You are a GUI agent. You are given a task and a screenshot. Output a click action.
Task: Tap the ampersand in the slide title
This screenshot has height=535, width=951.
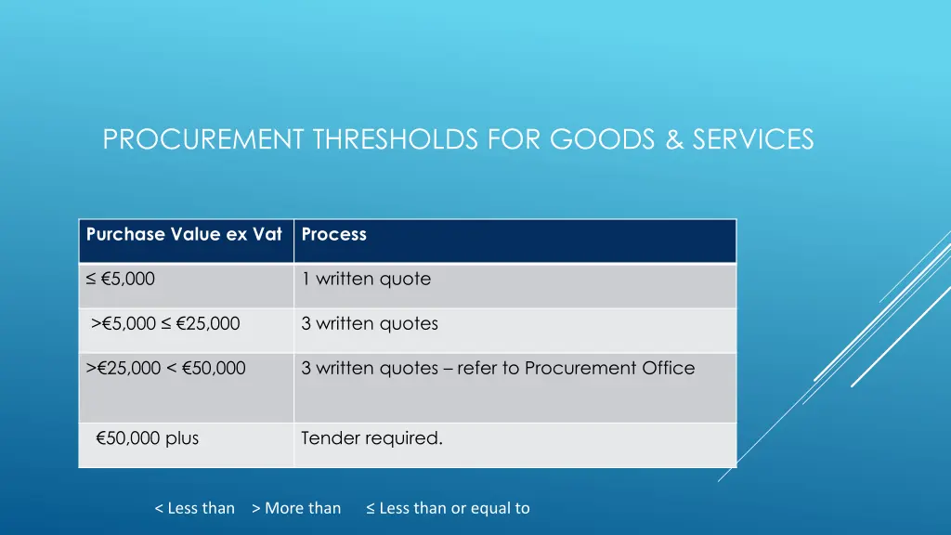tap(675, 139)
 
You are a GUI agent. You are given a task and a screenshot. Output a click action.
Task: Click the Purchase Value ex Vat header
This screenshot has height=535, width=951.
tap(184, 235)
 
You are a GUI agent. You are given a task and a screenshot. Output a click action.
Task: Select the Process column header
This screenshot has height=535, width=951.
tap(334, 235)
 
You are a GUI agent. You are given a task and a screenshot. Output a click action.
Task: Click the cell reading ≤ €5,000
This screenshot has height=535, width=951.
tap(121, 279)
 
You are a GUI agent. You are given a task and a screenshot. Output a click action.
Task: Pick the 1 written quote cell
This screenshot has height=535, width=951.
tap(366, 279)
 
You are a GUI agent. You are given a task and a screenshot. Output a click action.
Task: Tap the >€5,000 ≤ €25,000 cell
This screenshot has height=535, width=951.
tap(165, 324)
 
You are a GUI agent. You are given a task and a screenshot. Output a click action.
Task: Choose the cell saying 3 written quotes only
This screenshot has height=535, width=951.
tap(370, 324)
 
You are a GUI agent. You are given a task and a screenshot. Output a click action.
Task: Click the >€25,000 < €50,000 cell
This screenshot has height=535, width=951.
tap(166, 369)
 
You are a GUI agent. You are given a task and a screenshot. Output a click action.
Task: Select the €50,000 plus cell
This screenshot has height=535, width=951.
tap(147, 438)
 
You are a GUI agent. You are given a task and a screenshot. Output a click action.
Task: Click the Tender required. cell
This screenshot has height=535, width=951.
tap(371, 438)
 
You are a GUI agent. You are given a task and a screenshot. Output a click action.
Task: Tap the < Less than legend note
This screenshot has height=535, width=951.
tap(194, 508)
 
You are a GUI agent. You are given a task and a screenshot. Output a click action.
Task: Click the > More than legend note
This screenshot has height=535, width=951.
tap(296, 508)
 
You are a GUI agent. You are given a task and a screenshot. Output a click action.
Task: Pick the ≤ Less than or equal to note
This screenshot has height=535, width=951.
tap(448, 508)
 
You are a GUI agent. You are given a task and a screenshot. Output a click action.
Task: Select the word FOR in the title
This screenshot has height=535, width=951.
tap(516, 139)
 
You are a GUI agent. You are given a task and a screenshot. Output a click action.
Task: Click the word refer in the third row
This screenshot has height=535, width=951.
tap(477, 369)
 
